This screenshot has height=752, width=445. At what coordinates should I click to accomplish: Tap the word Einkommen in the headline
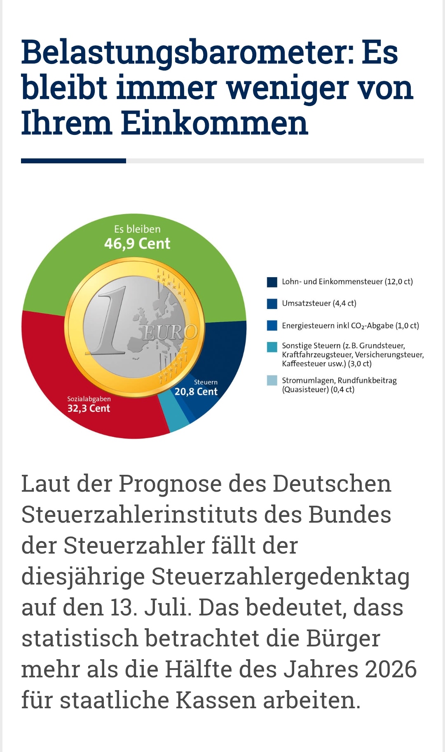coord(214,123)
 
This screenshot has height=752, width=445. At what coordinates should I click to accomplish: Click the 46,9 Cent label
coord(137,244)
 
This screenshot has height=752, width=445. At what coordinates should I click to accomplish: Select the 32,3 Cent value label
coord(89,408)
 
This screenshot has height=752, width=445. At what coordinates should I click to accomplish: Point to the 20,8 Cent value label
coord(196,391)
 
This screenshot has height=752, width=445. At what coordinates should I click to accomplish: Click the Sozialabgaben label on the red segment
coord(89,399)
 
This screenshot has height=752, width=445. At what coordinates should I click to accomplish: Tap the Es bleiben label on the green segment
coord(137,229)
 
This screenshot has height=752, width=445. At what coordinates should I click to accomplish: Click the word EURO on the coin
coord(170,332)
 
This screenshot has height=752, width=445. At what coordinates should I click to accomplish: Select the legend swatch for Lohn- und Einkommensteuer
coord(272,282)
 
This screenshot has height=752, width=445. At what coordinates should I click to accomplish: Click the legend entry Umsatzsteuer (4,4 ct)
coord(319,303)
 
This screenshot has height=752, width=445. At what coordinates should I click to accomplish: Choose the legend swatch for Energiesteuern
coord(272,325)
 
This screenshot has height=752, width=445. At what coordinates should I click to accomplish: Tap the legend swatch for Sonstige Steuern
coord(272,347)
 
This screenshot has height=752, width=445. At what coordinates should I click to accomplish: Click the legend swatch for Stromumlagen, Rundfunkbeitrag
coord(272,380)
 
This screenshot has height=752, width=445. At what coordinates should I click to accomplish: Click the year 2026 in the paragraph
coord(391,669)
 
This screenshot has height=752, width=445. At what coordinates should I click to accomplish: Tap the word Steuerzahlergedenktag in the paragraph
coord(280,577)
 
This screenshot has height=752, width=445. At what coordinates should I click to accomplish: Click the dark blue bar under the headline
coord(74,161)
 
